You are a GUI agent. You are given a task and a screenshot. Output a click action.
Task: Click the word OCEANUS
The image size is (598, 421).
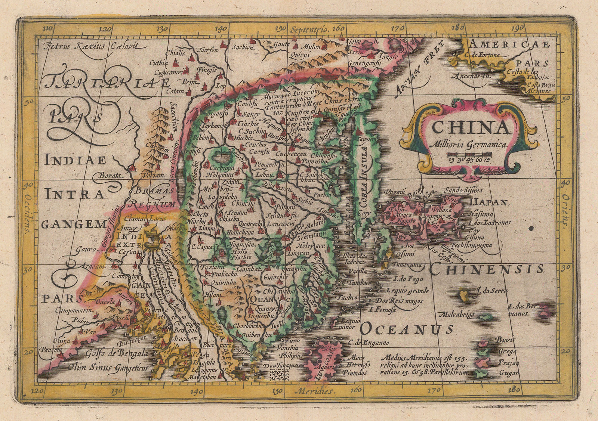coord(407,329)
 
